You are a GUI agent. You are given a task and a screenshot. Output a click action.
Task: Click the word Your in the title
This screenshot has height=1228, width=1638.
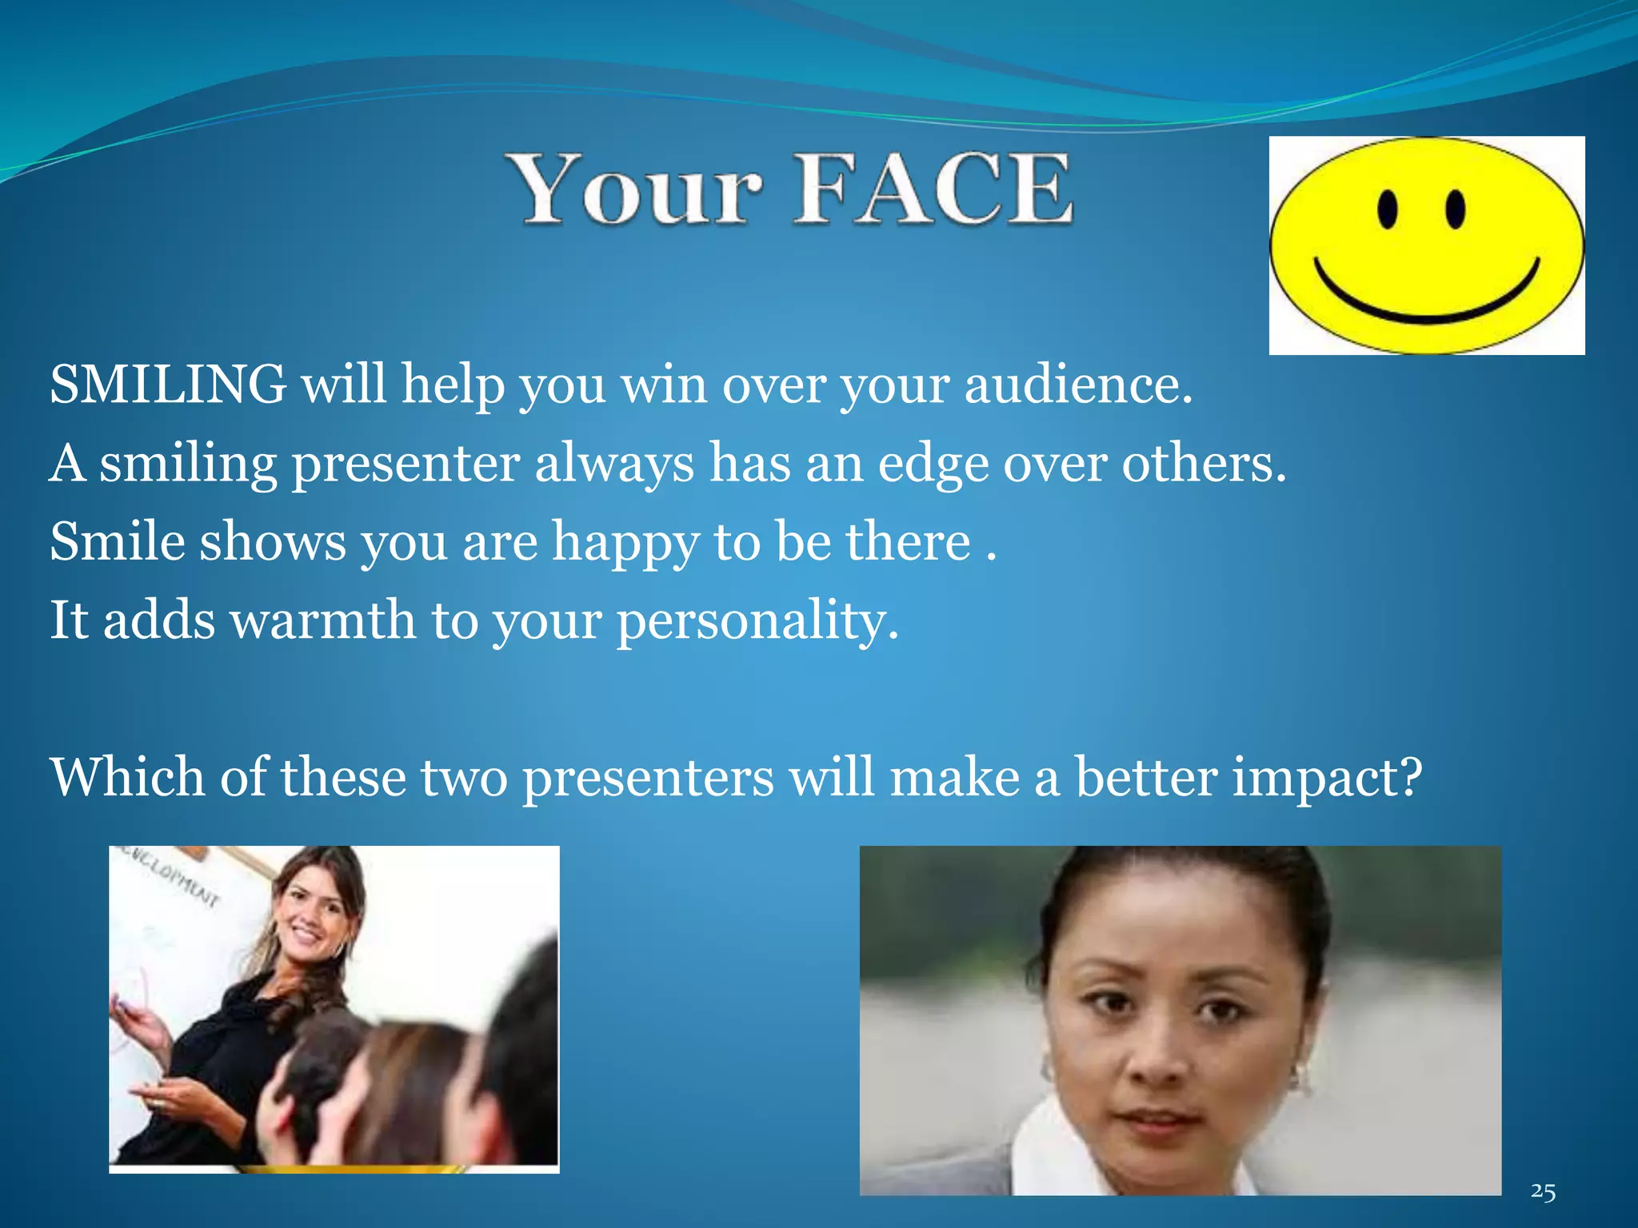point(636,190)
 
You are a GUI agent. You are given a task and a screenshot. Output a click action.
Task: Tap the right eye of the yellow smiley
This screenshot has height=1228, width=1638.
point(1456,209)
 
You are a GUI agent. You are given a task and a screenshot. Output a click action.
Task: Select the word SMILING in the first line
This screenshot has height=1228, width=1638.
point(168,385)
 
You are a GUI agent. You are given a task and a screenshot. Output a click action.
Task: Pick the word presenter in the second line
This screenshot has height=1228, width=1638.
point(406,464)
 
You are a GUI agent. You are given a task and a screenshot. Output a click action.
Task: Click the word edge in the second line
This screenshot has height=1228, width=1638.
point(933,464)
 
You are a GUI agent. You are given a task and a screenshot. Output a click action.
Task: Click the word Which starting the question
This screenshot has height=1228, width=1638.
point(128,778)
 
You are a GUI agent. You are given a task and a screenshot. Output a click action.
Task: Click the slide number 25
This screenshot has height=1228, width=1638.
point(1543,1191)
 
